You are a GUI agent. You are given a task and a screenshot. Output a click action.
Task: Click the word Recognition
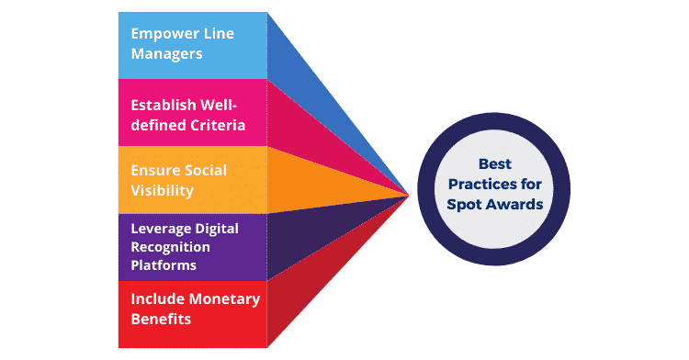[171, 247]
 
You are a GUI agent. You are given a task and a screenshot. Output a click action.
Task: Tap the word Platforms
[164, 264]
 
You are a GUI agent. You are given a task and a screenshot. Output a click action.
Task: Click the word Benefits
[161, 319]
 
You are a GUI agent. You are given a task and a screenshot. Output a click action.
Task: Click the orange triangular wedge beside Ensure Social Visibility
[312, 180]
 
